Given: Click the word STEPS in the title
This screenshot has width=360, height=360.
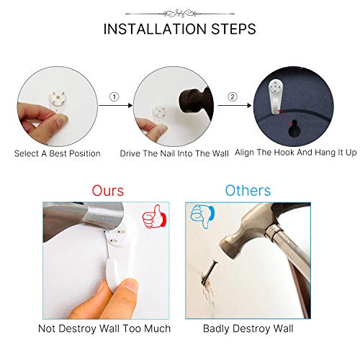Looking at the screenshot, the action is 234,30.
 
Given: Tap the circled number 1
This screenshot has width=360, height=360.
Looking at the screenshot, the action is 114,97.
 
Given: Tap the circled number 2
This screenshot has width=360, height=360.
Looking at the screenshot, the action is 233,97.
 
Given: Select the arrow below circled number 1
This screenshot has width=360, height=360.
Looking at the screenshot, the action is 116,105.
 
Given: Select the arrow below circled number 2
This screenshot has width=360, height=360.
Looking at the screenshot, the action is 235,105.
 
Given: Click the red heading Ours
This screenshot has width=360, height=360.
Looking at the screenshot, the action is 108,191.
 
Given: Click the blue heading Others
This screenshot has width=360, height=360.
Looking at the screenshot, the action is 248,191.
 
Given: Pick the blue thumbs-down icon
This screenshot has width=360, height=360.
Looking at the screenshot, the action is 202,216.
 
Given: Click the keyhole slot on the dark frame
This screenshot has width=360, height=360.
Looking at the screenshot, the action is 294,129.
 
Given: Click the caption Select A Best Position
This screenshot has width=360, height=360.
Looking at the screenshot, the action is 58,153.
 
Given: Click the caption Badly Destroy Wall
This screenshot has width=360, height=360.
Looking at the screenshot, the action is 248,328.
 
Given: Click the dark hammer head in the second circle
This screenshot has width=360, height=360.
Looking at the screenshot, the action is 196,101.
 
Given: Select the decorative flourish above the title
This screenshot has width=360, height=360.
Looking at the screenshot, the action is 180,14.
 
